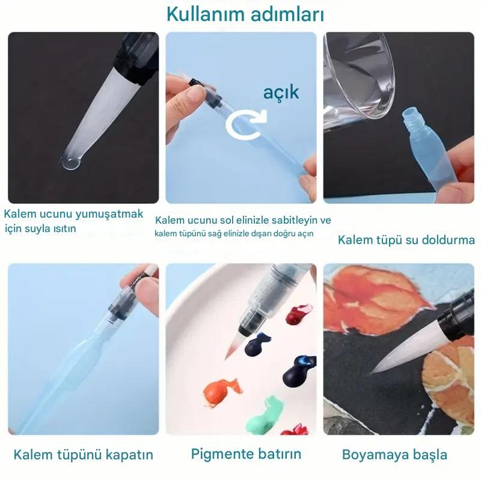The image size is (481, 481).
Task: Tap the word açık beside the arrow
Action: pyautogui.click(x=281, y=92)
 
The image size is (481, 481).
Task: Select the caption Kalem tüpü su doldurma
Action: pyautogui.click(x=406, y=240)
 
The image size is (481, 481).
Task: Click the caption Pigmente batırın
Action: pyautogui.click(x=246, y=454)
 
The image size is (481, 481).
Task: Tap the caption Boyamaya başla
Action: pyautogui.click(x=394, y=455)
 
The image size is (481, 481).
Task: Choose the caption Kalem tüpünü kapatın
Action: pyautogui.click(x=84, y=455)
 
